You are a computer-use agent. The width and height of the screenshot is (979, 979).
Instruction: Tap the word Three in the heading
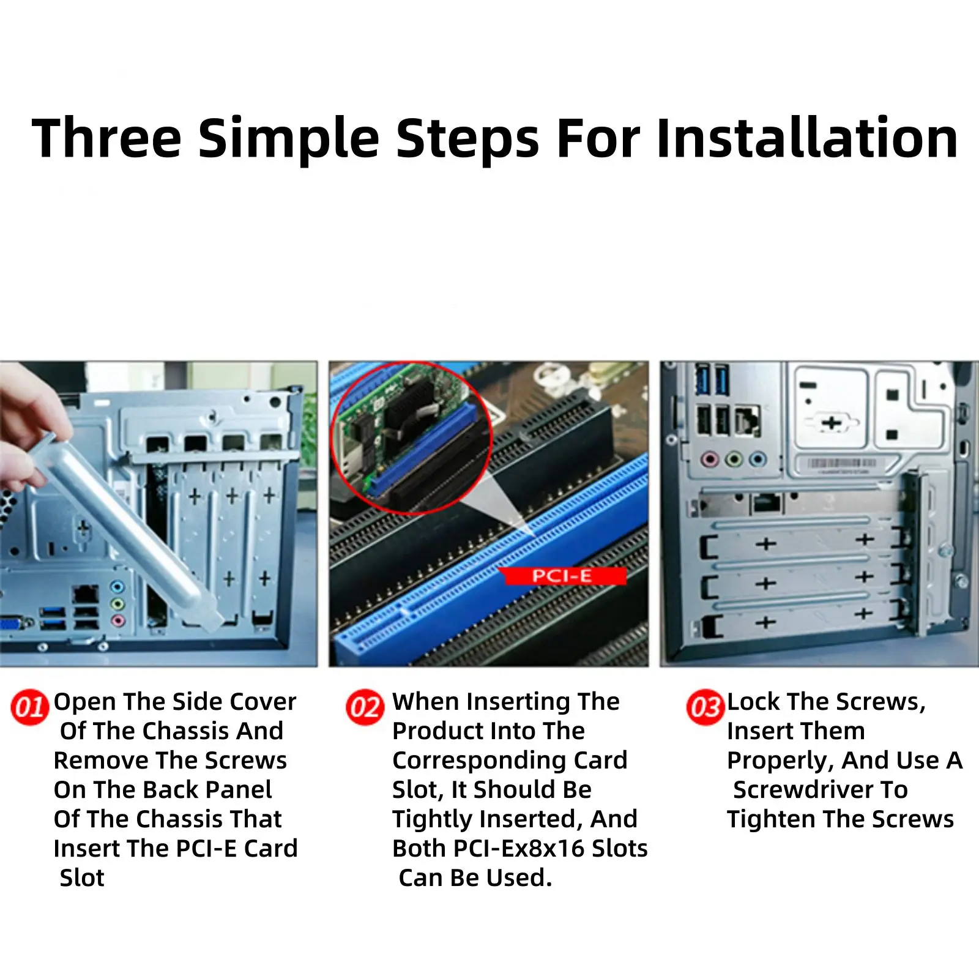[106, 138]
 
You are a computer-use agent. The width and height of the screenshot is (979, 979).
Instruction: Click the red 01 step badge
[29, 707]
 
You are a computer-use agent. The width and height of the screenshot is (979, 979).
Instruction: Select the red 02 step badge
[365, 707]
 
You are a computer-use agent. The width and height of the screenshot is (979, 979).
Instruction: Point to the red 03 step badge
[705, 707]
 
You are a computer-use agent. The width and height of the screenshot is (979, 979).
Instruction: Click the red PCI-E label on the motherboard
[562, 576]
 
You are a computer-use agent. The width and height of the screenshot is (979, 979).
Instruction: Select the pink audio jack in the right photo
[710, 459]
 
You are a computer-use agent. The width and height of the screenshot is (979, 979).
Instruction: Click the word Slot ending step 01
[82, 877]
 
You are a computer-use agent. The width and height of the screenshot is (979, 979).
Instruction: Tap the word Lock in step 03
[754, 701]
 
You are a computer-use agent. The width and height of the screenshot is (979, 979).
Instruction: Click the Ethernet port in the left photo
[85, 594]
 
